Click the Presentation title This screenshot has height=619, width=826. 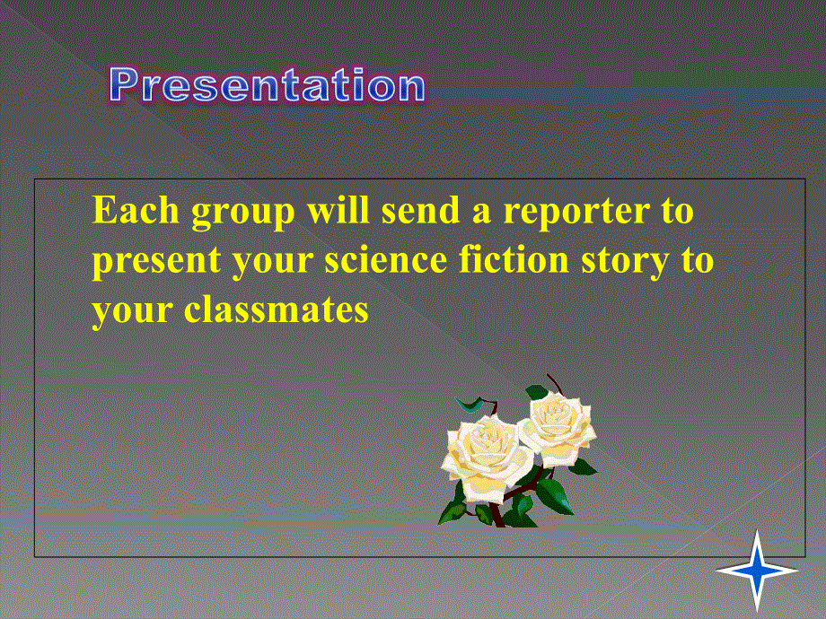coord(268,84)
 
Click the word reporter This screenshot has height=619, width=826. coord(576,213)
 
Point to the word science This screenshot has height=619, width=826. coord(385,260)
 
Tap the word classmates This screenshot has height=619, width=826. coord(276,309)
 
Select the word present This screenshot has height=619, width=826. coord(156,262)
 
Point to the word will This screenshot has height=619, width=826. coord(338,210)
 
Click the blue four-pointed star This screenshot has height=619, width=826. coord(757,570)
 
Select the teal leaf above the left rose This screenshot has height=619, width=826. coord(470,405)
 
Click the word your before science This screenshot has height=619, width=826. coord(272,263)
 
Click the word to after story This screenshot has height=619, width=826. coord(698,261)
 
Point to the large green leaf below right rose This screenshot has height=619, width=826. coord(554,496)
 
